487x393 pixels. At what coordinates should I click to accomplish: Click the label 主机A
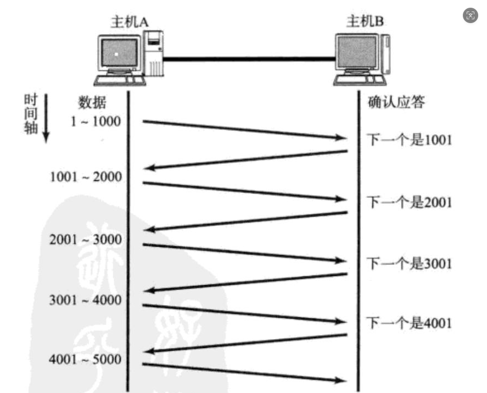click(130, 21)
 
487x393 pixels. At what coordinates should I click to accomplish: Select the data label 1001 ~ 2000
click(86, 177)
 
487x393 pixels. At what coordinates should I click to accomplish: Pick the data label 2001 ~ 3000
click(86, 240)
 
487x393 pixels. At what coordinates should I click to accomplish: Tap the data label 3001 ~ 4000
click(86, 300)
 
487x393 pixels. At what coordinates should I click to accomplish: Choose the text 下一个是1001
click(409, 140)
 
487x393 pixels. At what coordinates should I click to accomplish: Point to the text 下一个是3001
click(409, 264)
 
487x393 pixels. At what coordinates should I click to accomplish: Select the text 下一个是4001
click(409, 323)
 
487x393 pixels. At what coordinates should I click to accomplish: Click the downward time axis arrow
click(46, 118)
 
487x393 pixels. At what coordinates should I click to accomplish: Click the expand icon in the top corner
click(471, 15)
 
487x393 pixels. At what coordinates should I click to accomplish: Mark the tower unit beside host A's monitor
click(154, 53)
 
